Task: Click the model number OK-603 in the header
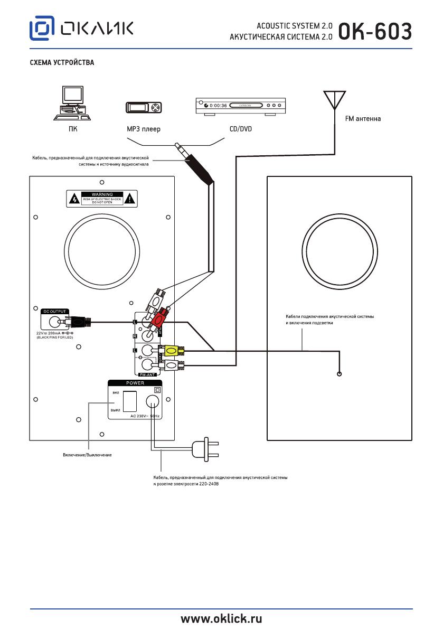375,31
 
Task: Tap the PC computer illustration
73,103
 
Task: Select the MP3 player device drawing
144,108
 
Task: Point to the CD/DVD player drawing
240,106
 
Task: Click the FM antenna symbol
335,100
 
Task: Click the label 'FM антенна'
363,119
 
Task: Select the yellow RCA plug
173,350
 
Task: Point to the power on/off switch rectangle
129,401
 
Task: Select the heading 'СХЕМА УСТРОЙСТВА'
62,63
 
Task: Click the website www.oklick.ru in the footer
222,618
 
